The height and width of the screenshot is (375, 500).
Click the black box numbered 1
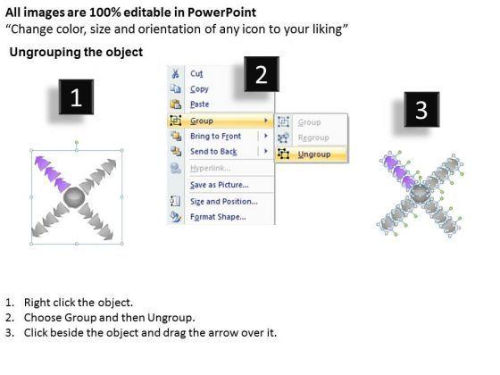click(x=76, y=97)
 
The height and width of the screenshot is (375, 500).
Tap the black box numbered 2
click(x=262, y=74)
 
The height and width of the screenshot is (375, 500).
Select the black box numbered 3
click(x=421, y=109)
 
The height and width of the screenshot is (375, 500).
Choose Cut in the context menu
click(x=196, y=73)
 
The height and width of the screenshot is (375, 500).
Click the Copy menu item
click(x=199, y=89)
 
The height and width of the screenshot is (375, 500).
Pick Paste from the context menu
click(x=200, y=104)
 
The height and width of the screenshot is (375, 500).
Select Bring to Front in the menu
click(x=215, y=136)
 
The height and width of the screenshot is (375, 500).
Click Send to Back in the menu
click(x=213, y=152)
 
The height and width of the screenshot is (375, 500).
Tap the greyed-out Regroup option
click(x=313, y=137)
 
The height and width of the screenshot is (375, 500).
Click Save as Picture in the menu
click(x=220, y=185)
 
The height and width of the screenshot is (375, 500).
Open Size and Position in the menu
click(x=224, y=202)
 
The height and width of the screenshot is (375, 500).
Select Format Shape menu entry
click(x=218, y=217)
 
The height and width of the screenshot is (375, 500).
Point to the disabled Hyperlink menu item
click(x=211, y=168)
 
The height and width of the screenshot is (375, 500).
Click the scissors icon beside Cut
click(x=175, y=73)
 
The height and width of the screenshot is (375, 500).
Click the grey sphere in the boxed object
click(x=74, y=197)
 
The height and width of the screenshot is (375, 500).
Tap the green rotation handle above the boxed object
click(x=77, y=142)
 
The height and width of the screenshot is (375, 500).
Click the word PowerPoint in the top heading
click(x=221, y=12)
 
